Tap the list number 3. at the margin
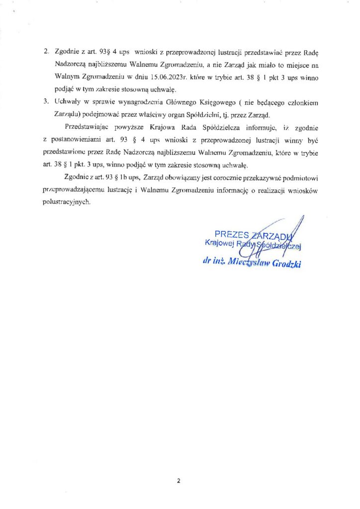point(47,102)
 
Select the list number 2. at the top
point(47,51)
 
